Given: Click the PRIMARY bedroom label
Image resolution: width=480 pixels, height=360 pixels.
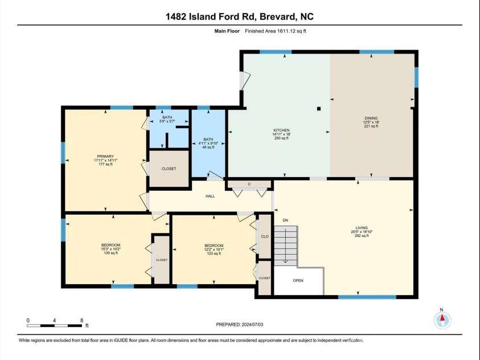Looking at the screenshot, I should click(105, 156).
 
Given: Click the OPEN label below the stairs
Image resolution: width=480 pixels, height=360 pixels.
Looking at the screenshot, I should click(298, 280).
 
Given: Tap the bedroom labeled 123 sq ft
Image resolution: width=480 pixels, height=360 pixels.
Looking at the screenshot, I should click(214, 249).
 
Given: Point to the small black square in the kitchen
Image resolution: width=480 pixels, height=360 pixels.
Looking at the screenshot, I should click(319, 109).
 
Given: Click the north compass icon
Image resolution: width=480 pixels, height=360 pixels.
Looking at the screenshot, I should click(442, 320).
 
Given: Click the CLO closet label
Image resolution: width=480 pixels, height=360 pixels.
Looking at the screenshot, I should click(264, 236).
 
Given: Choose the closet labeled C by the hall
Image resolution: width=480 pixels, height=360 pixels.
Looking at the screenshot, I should click(249, 184).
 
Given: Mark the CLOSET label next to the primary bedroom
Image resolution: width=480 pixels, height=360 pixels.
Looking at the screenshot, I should click(169, 169).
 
